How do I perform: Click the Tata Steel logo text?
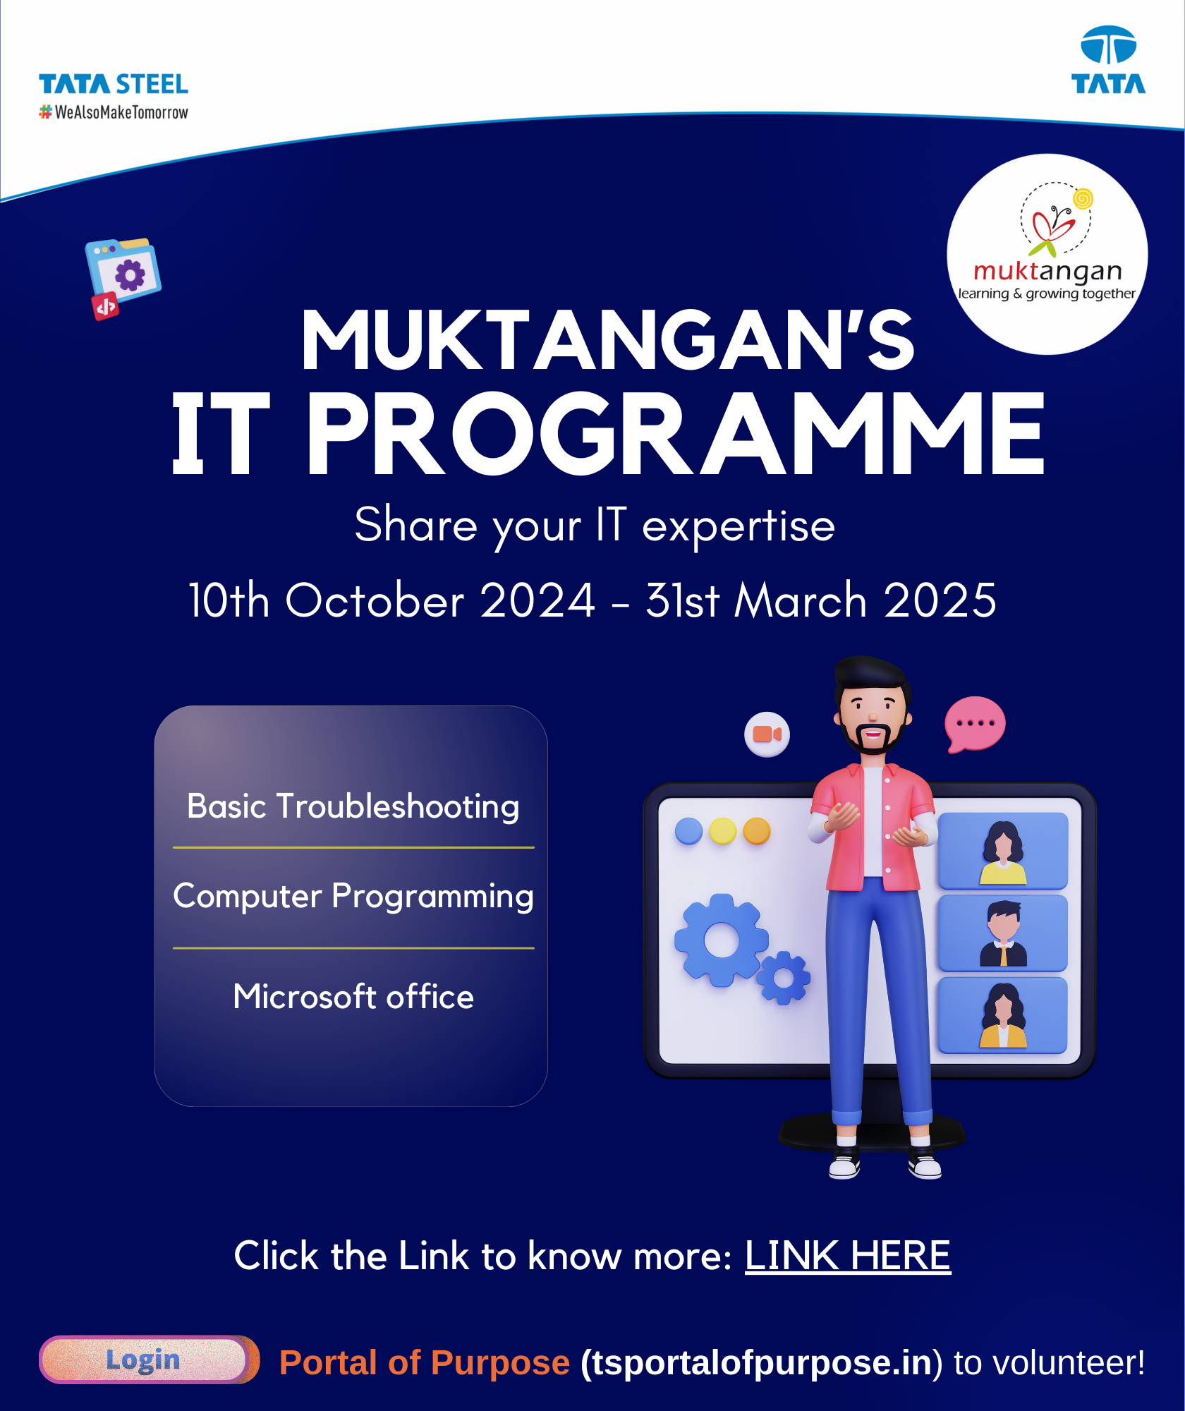pyautogui.click(x=114, y=84)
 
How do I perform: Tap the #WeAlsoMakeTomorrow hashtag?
pyautogui.click(x=114, y=112)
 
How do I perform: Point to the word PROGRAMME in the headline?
pyautogui.click(x=675, y=434)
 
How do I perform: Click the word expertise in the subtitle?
pyautogui.click(x=739, y=526)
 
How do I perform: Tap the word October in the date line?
pyautogui.click(x=375, y=600)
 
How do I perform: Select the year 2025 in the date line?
pyautogui.click(x=940, y=600)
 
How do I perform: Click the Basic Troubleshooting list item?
pyautogui.click(x=353, y=806)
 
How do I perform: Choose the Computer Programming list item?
pyautogui.click(x=353, y=897)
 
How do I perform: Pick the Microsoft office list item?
pyautogui.click(x=353, y=996)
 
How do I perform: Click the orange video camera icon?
pyautogui.click(x=767, y=734)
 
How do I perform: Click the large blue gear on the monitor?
pyautogui.click(x=721, y=940)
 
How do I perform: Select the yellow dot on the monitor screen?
pyautogui.click(x=722, y=831)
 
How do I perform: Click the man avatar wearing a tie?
pyautogui.click(x=1002, y=933)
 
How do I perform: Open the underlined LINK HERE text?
pyautogui.click(x=848, y=1256)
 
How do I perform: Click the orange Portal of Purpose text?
pyautogui.click(x=424, y=1362)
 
